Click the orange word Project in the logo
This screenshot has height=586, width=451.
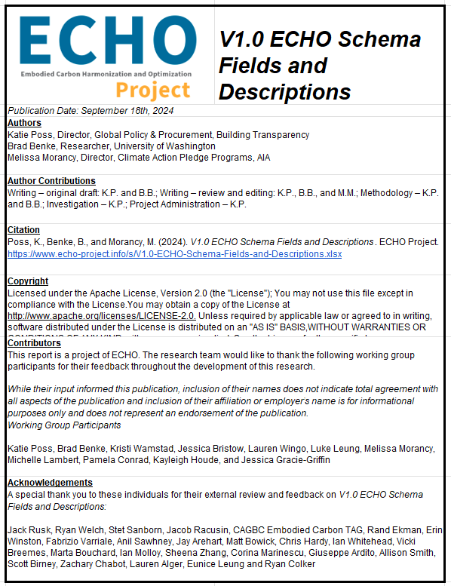click(x=153, y=91)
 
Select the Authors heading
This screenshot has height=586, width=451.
click(x=24, y=123)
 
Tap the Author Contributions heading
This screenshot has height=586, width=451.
click(x=51, y=181)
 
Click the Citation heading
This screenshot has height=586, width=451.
click(x=23, y=230)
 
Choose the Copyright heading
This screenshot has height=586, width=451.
click(x=28, y=281)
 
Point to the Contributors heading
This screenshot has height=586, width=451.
click(x=34, y=343)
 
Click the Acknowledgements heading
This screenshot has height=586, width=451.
click(x=50, y=483)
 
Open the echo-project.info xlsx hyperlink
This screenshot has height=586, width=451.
click(x=174, y=254)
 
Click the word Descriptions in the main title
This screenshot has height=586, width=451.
click(x=285, y=92)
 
